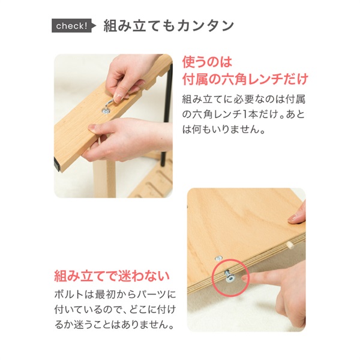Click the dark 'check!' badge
coord(71,26)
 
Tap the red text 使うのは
coord(206,62)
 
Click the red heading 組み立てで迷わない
coord(112,277)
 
